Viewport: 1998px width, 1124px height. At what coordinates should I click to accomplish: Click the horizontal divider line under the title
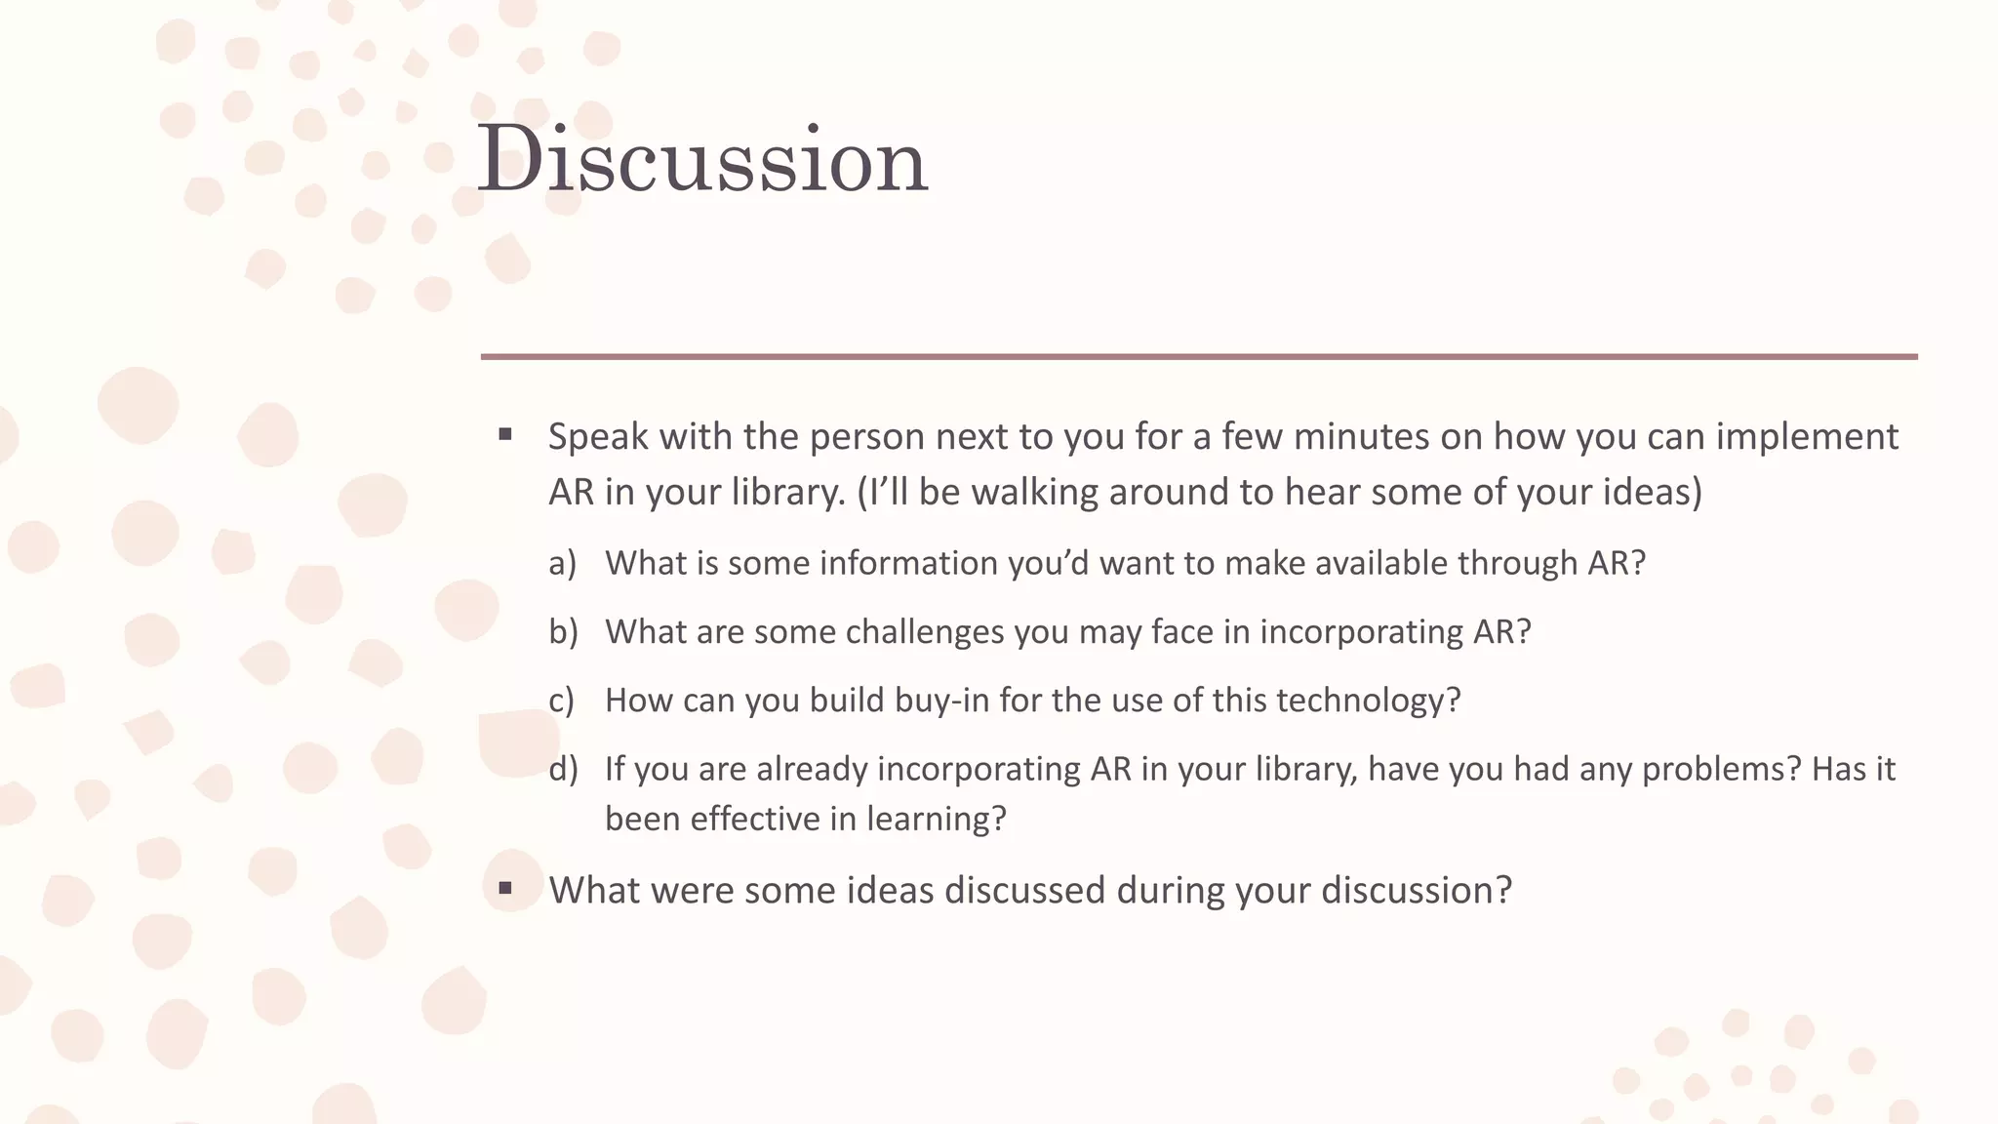(1199, 357)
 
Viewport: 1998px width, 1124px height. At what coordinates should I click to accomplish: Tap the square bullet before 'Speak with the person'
(505, 435)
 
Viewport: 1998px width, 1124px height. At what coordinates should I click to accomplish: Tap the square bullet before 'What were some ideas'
(505, 889)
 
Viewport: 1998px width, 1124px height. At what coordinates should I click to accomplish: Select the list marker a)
(562, 563)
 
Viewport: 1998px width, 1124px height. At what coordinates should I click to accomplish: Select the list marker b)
(563, 631)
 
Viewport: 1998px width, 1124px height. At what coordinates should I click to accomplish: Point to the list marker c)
(561, 700)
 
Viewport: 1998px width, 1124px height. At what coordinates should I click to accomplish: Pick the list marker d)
(563, 769)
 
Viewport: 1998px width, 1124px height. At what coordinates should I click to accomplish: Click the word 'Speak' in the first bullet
(598, 437)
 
